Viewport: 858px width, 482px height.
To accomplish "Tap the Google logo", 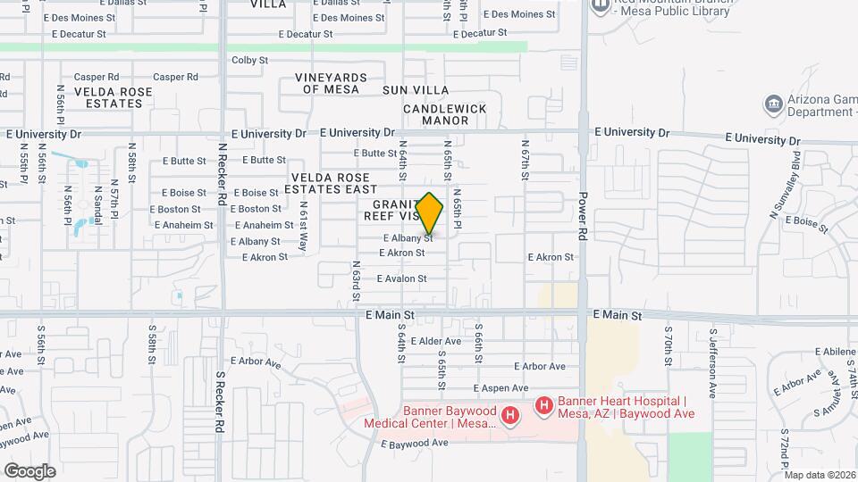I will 29,470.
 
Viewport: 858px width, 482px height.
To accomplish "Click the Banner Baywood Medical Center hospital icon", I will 509,416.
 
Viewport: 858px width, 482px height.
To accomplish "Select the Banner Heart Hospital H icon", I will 543,407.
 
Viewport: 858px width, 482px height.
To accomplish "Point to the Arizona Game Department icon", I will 773,105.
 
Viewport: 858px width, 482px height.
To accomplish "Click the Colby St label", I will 249,61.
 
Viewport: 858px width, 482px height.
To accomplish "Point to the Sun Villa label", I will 416,90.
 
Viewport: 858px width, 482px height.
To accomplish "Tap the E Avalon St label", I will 401,278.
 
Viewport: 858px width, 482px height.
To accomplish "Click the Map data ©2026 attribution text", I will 819,475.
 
